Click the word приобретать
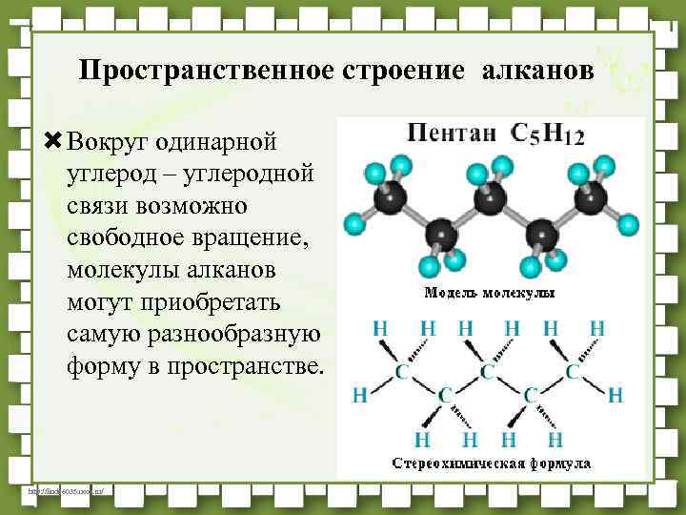[x=212, y=302]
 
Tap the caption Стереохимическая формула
[x=492, y=463]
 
